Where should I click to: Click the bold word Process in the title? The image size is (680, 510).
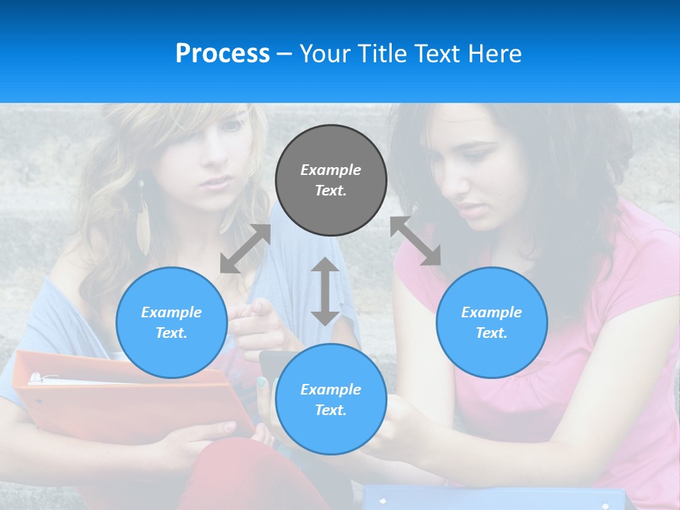coord(222,54)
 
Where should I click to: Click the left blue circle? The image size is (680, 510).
coord(171,322)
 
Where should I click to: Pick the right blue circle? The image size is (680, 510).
coord(492,322)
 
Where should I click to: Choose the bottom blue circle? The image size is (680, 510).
coord(331,399)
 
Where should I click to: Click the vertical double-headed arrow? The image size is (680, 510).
coord(325,291)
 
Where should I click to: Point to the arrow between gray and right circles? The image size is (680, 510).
coord(416,241)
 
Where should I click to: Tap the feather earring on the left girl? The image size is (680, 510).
coord(143,220)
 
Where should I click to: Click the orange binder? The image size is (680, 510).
coord(127,397)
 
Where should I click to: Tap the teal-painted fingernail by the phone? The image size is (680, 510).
coord(262,383)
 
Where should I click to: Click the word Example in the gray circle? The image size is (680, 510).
coord(331,170)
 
